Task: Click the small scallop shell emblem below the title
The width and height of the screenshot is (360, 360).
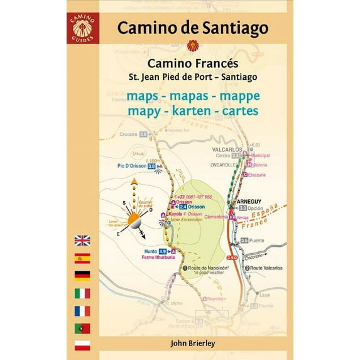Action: click(192, 45)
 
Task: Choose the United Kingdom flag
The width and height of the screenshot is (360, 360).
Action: click(82, 240)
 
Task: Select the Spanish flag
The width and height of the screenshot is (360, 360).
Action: click(82, 258)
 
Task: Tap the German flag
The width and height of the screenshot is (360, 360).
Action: click(82, 275)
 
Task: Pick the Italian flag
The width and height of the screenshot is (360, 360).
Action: click(82, 293)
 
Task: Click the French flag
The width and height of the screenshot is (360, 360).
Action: click(82, 310)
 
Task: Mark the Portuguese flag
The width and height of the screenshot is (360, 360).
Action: click(82, 328)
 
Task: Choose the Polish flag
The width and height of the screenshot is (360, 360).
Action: click(82, 345)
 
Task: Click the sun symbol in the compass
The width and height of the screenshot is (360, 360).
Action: click(135, 221)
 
